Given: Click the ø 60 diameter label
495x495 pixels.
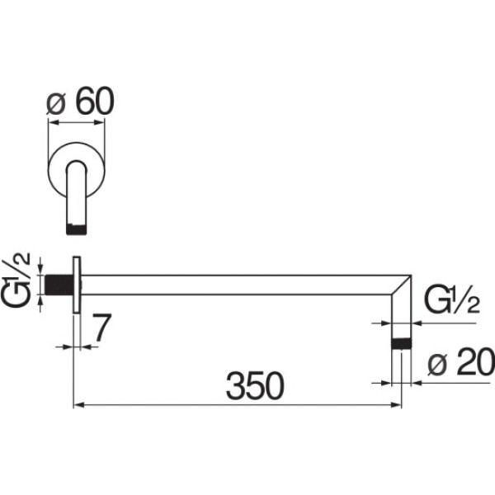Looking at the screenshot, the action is tap(80, 101).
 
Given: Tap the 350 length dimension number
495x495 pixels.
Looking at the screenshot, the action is tap(255, 386).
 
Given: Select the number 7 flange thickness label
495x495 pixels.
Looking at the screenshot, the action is tap(102, 328).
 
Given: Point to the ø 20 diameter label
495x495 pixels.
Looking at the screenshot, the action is tap(461, 362).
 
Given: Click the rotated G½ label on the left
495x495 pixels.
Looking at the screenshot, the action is tap(16, 280).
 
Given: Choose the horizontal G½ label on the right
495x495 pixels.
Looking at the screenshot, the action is tap(452, 299).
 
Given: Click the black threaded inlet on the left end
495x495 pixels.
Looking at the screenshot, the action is tap(59, 285).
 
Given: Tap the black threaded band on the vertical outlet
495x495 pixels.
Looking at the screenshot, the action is tap(401, 343).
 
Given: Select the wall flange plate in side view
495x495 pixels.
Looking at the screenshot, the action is tap(77, 285).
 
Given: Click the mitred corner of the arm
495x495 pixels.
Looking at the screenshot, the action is tap(402, 285).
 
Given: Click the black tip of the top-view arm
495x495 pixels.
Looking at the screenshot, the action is tap(76, 229).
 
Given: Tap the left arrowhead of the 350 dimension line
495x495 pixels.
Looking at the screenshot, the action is tap(79, 405).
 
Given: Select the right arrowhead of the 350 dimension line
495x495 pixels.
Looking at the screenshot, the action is tap(396, 405).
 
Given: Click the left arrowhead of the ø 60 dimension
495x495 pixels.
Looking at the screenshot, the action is tap(53, 122).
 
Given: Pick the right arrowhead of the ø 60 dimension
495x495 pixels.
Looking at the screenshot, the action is tap(99, 122).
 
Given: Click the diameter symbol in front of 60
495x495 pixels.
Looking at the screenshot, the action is tap(56, 103).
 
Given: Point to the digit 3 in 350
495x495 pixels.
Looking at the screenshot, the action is tap(235, 386).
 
